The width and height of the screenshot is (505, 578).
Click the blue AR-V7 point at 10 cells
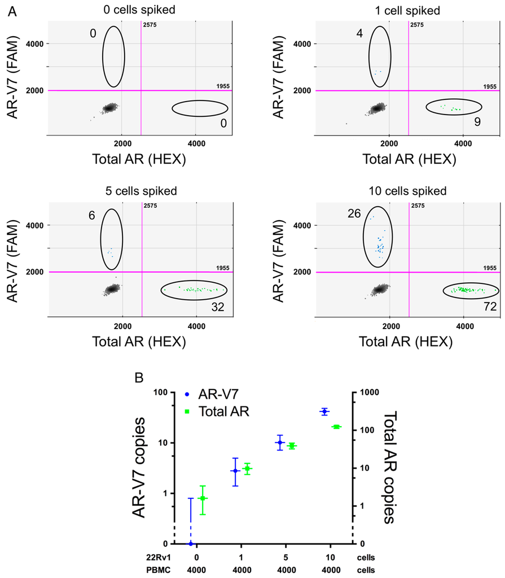coord(324,412)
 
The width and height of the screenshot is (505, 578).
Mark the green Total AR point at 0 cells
coord(203,498)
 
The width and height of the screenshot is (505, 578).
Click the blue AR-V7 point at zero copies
coord(191,544)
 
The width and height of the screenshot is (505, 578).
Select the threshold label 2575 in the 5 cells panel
coord(150,206)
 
